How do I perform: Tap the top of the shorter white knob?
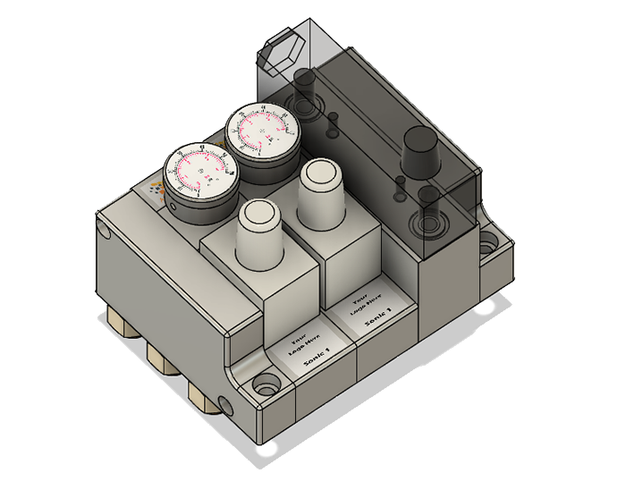coord(260,215)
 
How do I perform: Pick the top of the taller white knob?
coord(321,173)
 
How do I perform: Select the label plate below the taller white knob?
coord(371,314)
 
